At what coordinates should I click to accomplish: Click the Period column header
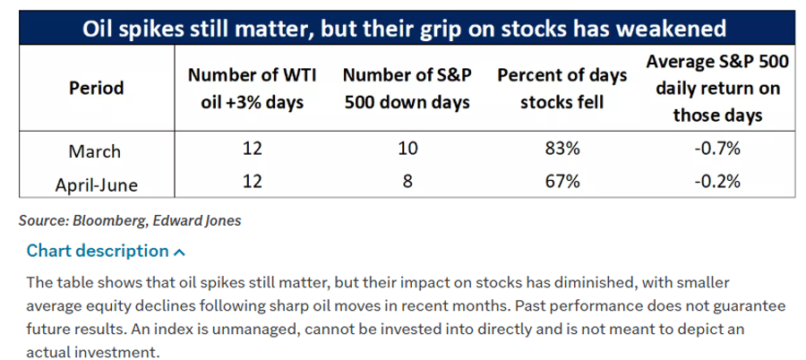pos(97,88)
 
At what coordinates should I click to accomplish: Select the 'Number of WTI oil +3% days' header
pos(252,89)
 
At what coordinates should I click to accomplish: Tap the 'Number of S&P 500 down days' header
pos(407,89)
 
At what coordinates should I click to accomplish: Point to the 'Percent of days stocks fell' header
pos(562,89)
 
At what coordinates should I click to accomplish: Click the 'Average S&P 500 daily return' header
pos(717,88)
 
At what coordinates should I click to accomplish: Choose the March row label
pos(95,151)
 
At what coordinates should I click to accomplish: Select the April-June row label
pos(97,184)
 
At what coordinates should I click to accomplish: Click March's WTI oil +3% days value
pos(252,150)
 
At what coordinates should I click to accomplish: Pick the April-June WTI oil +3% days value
pos(252,182)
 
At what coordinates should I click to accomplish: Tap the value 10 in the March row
pos(407,150)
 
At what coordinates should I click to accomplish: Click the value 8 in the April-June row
pos(407,182)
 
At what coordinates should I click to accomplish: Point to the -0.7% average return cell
pos(717,150)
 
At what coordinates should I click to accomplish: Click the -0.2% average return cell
pos(717,182)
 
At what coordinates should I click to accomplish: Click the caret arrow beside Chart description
pos(179,252)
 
